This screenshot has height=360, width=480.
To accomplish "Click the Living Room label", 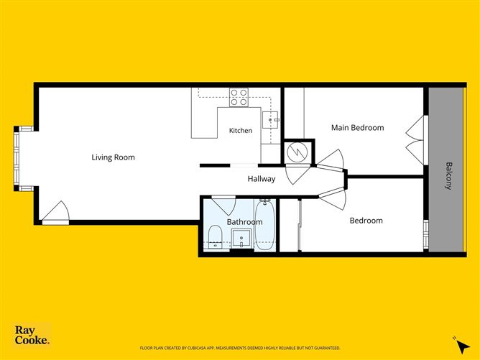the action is tap(114, 157).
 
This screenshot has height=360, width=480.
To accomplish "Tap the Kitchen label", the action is tap(241, 130).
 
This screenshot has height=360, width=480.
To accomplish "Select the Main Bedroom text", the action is tap(358, 128).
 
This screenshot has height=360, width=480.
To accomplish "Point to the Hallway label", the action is tap(262, 179).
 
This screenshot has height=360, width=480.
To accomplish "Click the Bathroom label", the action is tap(244, 222).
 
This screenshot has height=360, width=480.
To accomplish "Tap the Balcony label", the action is tap(448, 176).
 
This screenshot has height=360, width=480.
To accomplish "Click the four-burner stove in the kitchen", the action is tap(239, 97).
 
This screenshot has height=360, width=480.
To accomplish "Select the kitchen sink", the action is tap(271, 120).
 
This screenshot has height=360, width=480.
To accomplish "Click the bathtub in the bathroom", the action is tap(265, 224).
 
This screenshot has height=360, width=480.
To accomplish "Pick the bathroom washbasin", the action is tap(241, 238).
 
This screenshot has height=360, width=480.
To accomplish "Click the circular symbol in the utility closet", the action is tap(297, 153).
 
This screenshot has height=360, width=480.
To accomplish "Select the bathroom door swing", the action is tap(223, 205).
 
